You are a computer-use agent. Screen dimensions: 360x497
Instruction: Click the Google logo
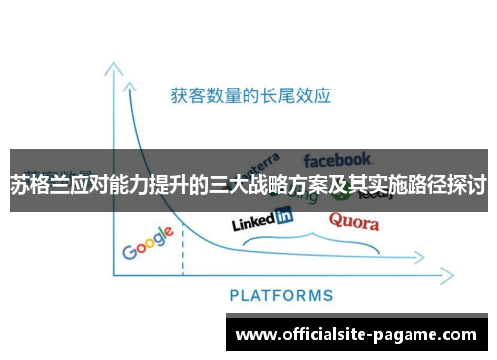(x=148, y=243)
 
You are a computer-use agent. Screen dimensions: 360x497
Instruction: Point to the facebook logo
(x=338, y=159)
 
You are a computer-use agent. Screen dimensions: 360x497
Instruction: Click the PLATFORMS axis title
(x=281, y=295)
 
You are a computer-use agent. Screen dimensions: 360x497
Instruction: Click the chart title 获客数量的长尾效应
(x=250, y=96)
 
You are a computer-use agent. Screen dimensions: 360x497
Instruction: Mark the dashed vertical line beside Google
(x=183, y=249)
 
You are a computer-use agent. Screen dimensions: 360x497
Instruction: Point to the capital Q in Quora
(x=335, y=219)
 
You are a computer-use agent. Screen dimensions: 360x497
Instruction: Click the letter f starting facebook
(x=308, y=159)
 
